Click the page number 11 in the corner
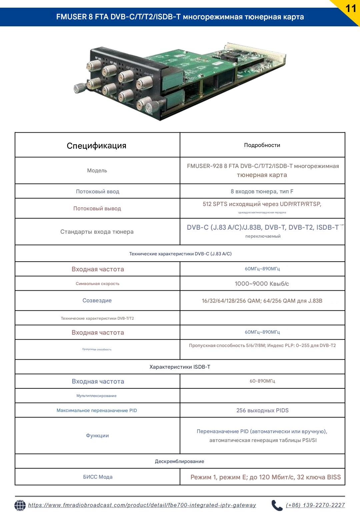pos(351,8)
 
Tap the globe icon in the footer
pos(20,505)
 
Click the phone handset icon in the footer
pos(277,505)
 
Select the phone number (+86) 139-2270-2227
pos(315,505)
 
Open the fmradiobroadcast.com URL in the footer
pos(142,505)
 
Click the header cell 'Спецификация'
pos(97,146)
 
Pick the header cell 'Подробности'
pos(262,145)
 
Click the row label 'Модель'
pos(97,171)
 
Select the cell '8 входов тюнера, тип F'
pos(262,191)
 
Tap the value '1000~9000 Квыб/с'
pos(262,284)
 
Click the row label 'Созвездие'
pos(97,300)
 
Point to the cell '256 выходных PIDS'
pos(262,410)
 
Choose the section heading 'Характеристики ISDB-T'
pos(180,367)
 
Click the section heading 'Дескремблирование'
pos(180,461)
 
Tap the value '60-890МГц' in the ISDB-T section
pos(262,381)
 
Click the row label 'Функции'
pos(97,435)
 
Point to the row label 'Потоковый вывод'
pos(97,208)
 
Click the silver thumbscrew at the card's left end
pos(79,89)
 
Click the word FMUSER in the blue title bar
pos(72,17)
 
